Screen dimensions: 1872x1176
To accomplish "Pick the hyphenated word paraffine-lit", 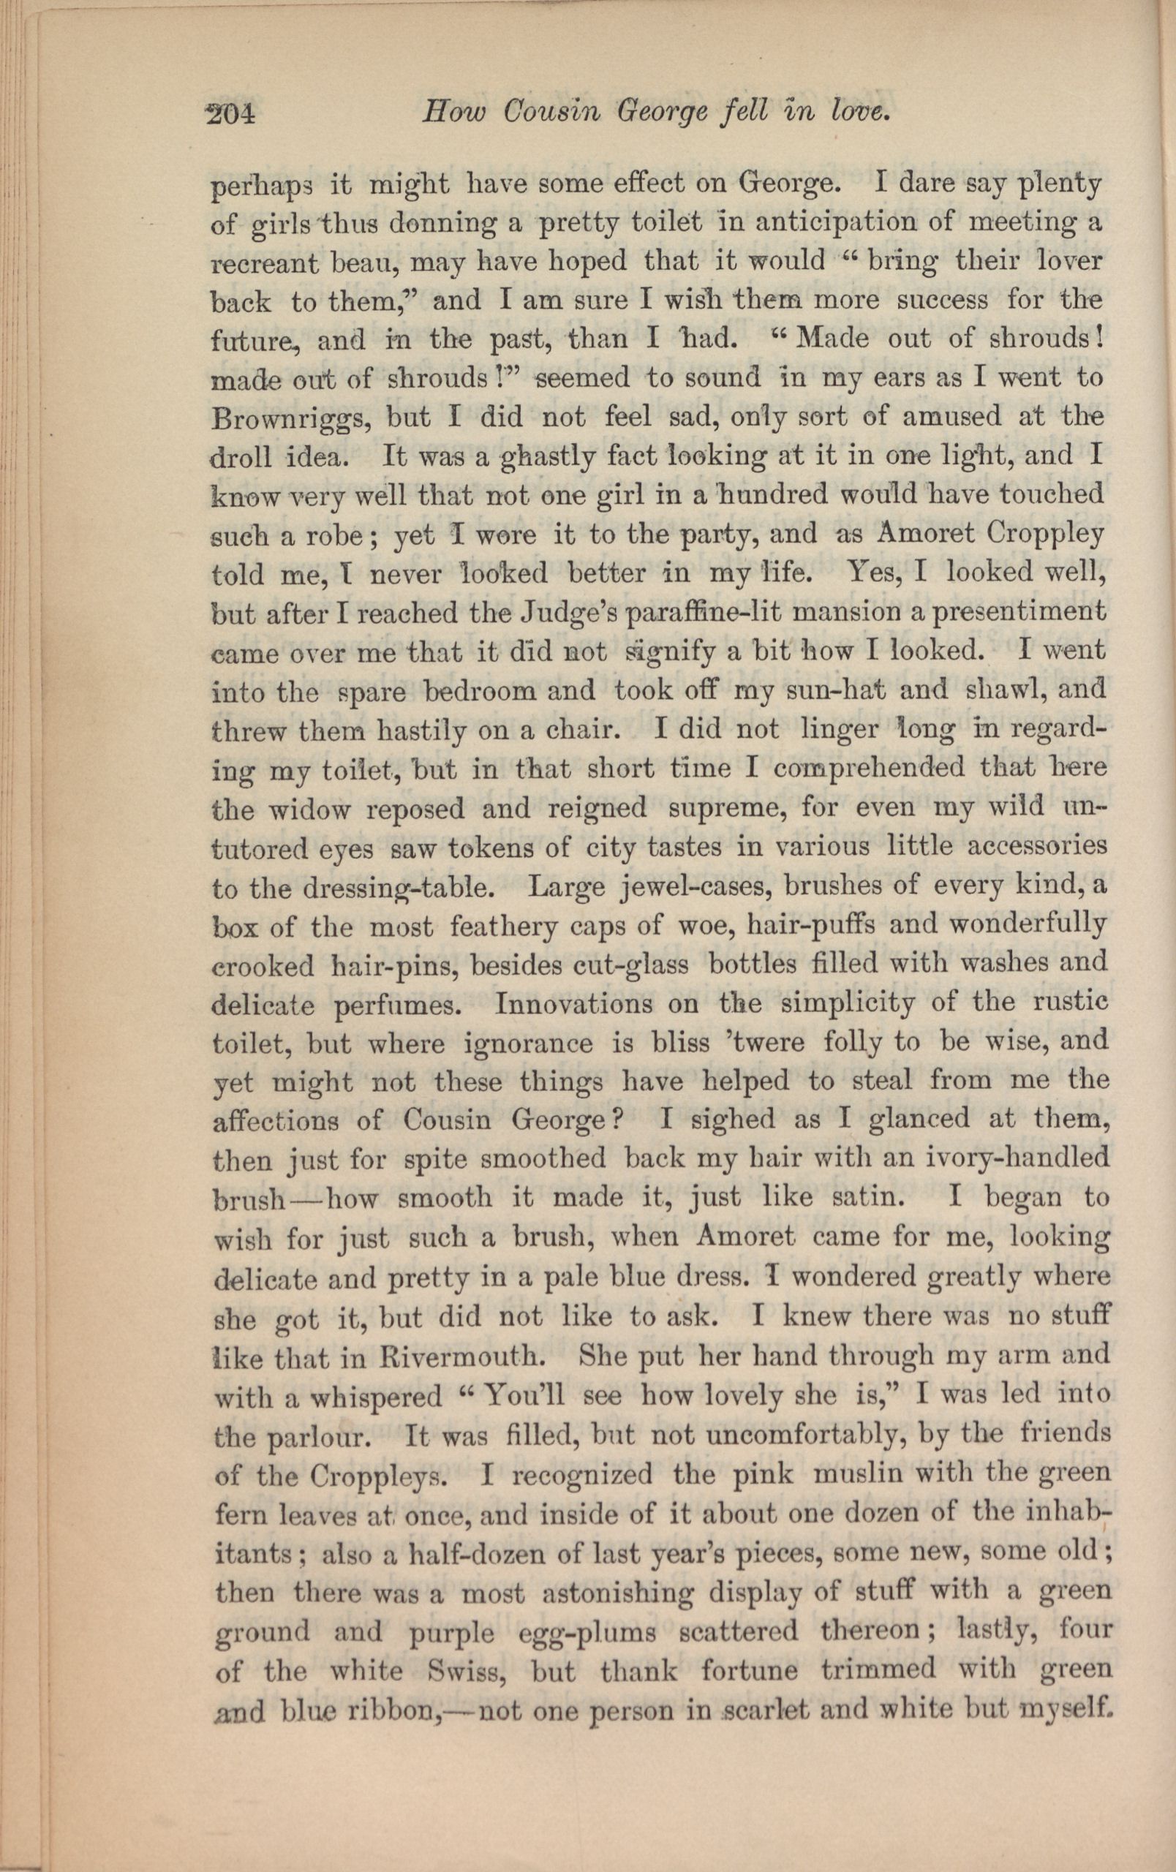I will (726, 613).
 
